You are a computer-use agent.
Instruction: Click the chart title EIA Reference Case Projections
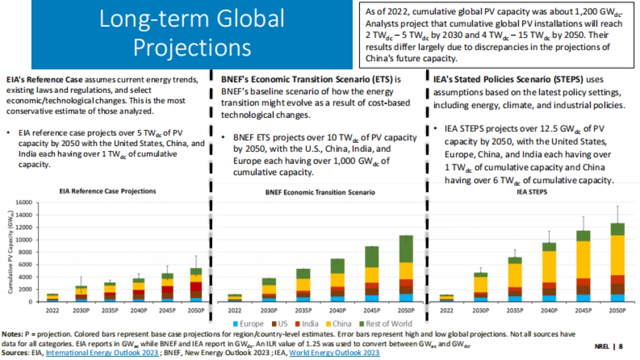click(x=108, y=191)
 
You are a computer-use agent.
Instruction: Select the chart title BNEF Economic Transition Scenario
click(x=320, y=192)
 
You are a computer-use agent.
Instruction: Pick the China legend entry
click(x=347, y=323)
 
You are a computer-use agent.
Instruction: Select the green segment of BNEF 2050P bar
click(x=406, y=249)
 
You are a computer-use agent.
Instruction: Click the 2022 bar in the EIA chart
click(x=52, y=298)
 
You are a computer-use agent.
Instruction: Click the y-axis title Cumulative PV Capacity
click(x=11, y=252)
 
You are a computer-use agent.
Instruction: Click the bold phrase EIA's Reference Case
click(x=36, y=79)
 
